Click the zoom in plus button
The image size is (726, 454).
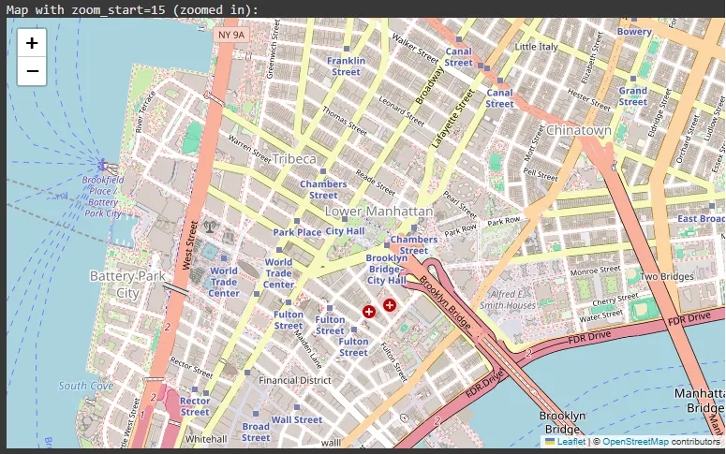[x=32, y=43]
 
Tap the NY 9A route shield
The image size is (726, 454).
[x=230, y=35]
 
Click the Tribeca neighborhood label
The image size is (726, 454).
[x=294, y=159]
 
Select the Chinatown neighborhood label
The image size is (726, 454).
[x=578, y=130]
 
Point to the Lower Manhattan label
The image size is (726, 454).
[x=378, y=212]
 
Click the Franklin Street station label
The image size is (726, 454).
[x=346, y=66]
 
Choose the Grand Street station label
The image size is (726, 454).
[x=633, y=96]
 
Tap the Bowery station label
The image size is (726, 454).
[x=634, y=32]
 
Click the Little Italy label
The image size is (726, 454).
[x=537, y=46]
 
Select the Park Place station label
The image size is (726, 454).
[x=297, y=232]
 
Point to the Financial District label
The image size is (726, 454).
[x=295, y=381]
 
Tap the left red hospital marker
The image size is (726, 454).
[x=369, y=310]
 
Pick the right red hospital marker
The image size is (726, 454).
[x=390, y=304]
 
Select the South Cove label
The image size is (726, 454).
[x=85, y=386]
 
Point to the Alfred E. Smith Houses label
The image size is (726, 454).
[x=508, y=300]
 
